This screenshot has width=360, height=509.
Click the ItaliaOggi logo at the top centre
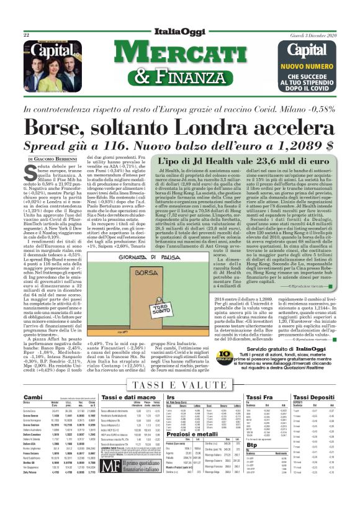pyautogui.click(x=179, y=33)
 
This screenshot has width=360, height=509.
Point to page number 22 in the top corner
pyautogui.click(x=27, y=35)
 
